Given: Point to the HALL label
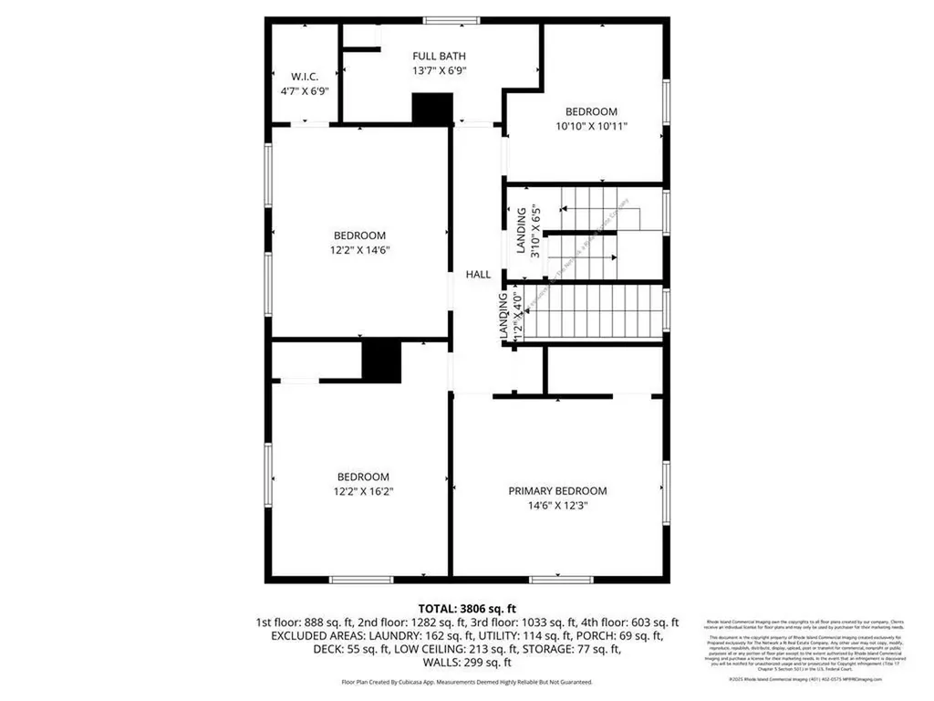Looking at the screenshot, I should pyautogui.click(x=478, y=274).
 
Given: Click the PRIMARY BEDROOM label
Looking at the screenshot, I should pyautogui.click(x=557, y=491).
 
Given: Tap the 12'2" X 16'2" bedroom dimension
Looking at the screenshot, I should pyautogui.click(x=363, y=491).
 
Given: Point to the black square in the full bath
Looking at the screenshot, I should pyautogui.click(x=432, y=109).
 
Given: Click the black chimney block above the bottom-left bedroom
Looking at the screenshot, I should pyautogui.click(x=381, y=361).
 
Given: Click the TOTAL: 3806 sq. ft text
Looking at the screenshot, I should pyautogui.click(x=467, y=608).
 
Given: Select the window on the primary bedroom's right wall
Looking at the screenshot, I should pyautogui.click(x=666, y=486).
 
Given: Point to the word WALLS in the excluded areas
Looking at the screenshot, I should pyautogui.click(x=435, y=663).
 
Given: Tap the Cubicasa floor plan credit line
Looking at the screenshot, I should pyautogui.click(x=467, y=682).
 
